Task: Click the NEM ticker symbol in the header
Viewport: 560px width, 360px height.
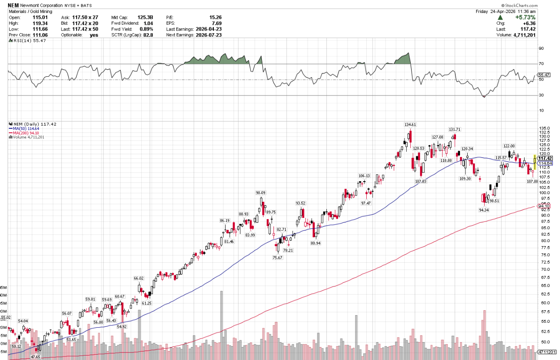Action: tap(13, 5)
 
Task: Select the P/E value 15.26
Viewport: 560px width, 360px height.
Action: tap(215, 17)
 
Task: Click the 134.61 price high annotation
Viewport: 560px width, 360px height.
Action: tap(410, 125)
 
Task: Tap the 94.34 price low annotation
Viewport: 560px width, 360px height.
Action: tap(484, 210)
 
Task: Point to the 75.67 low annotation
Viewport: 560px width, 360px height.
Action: tap(278, 258)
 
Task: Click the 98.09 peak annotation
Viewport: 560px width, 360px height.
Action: tap(261, 193)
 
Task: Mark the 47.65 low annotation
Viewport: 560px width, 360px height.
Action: tap(36, 357)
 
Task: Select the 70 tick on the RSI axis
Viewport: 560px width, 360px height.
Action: tap(541, 64)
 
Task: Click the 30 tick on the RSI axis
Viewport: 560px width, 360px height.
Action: tap(541, 95)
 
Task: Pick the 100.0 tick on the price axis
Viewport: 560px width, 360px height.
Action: tap(544, 193)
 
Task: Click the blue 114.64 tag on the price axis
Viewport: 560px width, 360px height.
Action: tap(545, 163)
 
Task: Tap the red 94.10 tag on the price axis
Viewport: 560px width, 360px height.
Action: tap(544, 207)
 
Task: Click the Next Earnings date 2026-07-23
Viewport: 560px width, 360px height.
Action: tap(208, 35)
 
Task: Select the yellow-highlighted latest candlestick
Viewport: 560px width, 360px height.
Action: tap(534, 161)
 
